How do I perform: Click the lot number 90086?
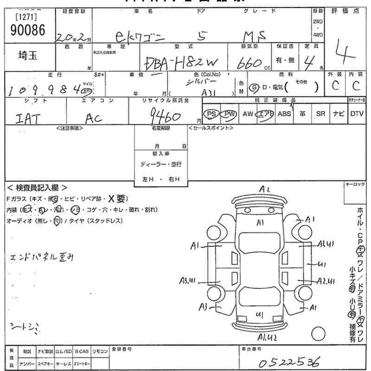pos(27,31)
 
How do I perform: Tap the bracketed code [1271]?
pos(27,17)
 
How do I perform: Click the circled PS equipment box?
pos(211,114)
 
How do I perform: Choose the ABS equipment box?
pos(284,114)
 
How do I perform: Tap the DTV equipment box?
pos(357,114)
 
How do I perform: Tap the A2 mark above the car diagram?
pos(265,189)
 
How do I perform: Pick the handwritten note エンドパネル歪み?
pos(41,257)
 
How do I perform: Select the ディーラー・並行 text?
pos(161,164)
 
